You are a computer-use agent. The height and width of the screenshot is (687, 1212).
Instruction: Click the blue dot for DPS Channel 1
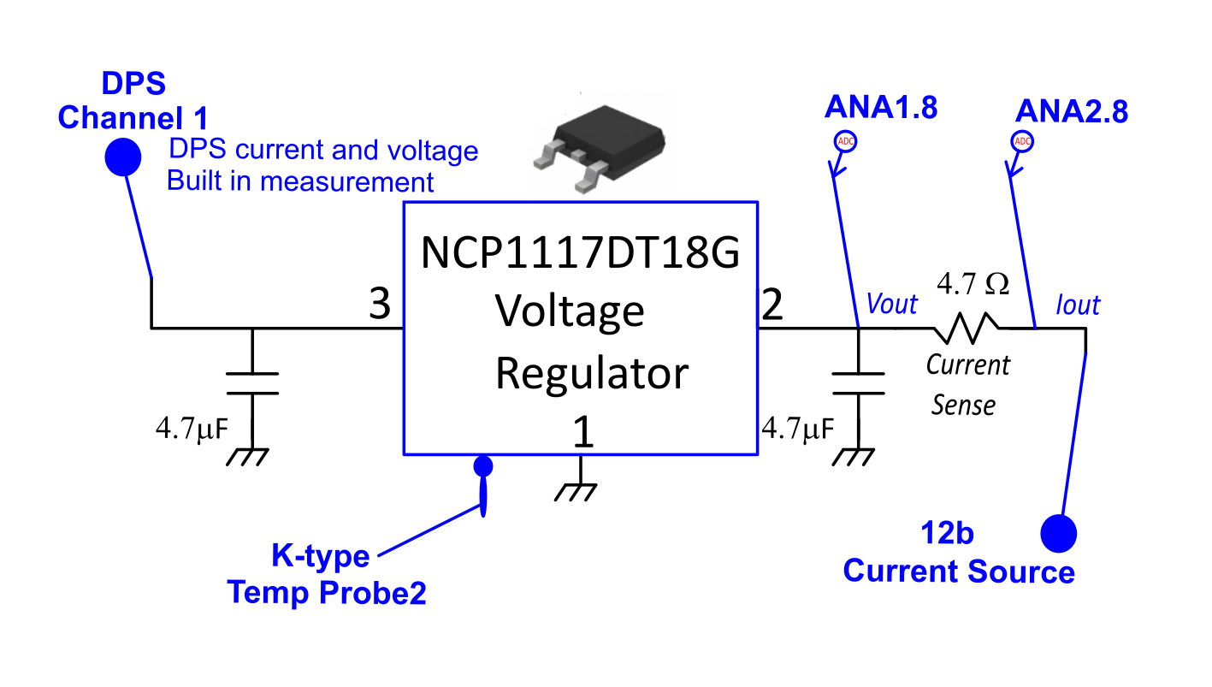pos(122,157)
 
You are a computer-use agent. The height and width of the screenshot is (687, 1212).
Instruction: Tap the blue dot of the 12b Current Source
pos(1058,533)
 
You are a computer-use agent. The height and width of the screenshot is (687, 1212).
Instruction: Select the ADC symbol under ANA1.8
pos(844,141)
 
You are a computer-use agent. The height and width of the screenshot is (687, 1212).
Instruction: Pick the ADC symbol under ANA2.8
pos(1021,141)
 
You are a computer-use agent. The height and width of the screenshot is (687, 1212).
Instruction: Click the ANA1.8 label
pos(880,108)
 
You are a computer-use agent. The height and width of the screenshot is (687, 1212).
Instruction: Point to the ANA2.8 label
pos(1071,112)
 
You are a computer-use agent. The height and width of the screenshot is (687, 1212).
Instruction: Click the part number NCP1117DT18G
pos(580,254)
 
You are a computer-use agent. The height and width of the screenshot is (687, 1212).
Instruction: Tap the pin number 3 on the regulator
pos(379,305)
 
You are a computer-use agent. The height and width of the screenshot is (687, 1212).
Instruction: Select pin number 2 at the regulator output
pos(772,305)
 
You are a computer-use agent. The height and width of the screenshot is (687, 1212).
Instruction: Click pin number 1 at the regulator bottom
pos(582,433)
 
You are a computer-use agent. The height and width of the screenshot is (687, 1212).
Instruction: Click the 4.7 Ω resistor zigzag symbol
pos(965,326)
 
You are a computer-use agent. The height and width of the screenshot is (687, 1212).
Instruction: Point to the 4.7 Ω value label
pos(973,283)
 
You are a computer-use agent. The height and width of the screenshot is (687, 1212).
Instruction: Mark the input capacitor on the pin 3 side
pos(252,383)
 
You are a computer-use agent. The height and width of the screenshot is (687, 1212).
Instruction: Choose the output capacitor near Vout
pos(858,383)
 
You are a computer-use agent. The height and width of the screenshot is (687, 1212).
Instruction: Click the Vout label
pos(891,305)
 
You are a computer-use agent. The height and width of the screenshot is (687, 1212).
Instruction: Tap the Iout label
pos(1078,305)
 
